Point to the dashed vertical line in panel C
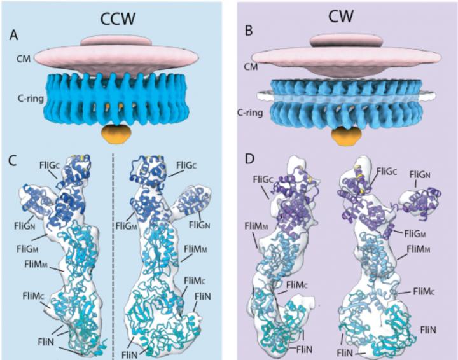(113, 254)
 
